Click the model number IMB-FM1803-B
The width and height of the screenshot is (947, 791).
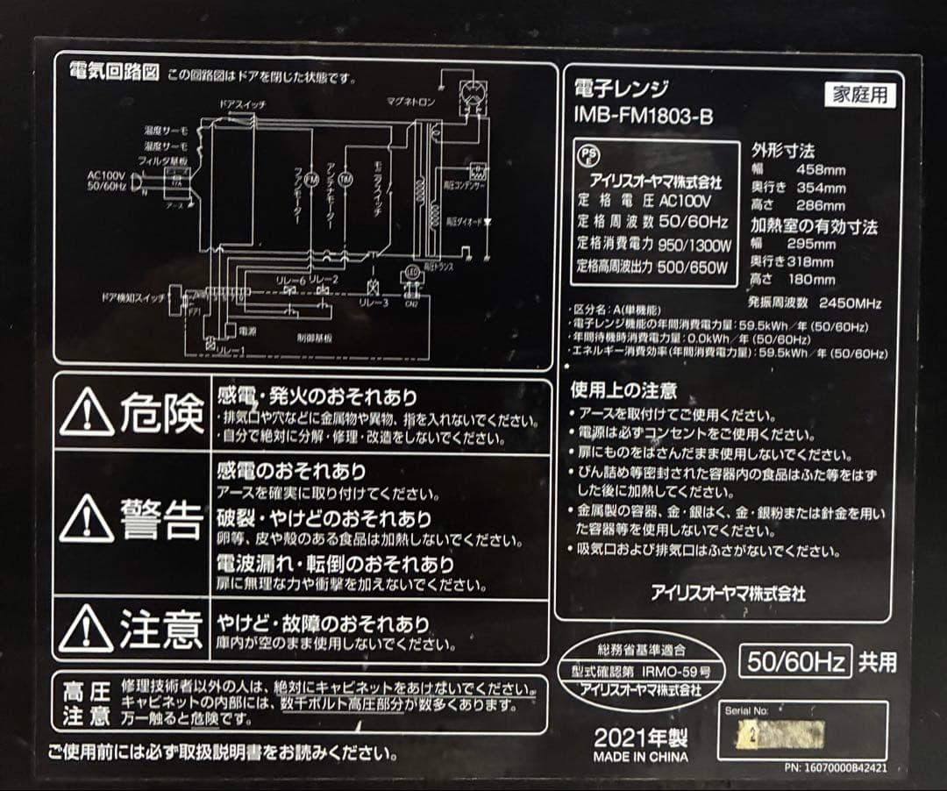(642, 116)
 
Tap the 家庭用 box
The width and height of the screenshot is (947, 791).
(860, 95)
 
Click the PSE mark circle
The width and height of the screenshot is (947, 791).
(588, 155)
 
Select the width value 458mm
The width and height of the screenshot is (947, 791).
(821, 169)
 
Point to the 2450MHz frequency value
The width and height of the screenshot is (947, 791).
(850, 303)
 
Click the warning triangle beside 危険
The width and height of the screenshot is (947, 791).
(87, 413)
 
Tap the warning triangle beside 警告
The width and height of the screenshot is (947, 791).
(87, 519)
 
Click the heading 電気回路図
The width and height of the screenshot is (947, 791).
(114, 74)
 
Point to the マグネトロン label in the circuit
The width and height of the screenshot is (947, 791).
(411, 101)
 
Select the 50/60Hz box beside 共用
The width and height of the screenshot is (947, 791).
(795, 661)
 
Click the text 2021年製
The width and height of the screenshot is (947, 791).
(641, 737)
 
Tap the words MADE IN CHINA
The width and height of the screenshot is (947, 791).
(641, 757)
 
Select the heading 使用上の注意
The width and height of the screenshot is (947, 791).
(623, 390)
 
